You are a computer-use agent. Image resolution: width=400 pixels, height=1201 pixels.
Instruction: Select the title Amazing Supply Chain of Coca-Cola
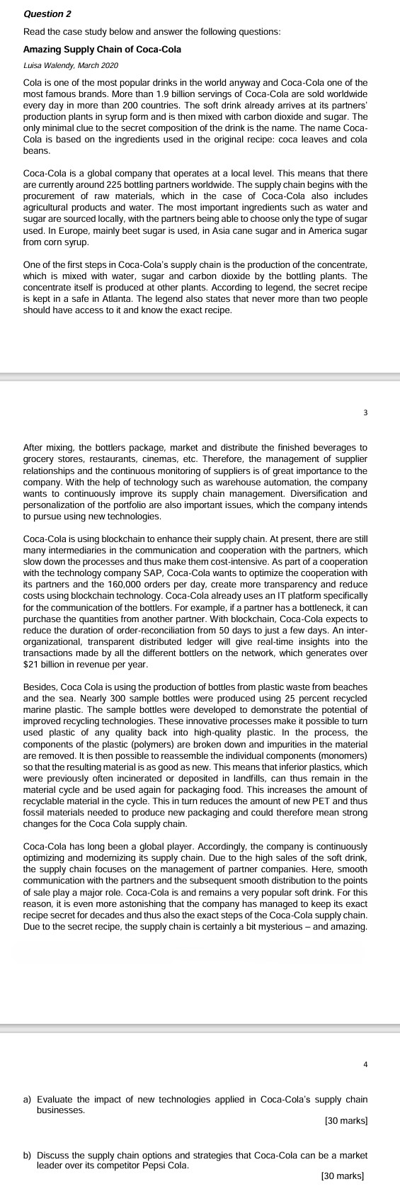point(102,50)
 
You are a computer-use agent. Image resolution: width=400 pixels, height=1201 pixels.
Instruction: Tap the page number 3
point(365,412)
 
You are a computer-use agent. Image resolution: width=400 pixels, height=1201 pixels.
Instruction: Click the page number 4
point(365,1064)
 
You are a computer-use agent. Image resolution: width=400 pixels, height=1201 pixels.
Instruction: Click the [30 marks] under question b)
point(343,1175)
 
